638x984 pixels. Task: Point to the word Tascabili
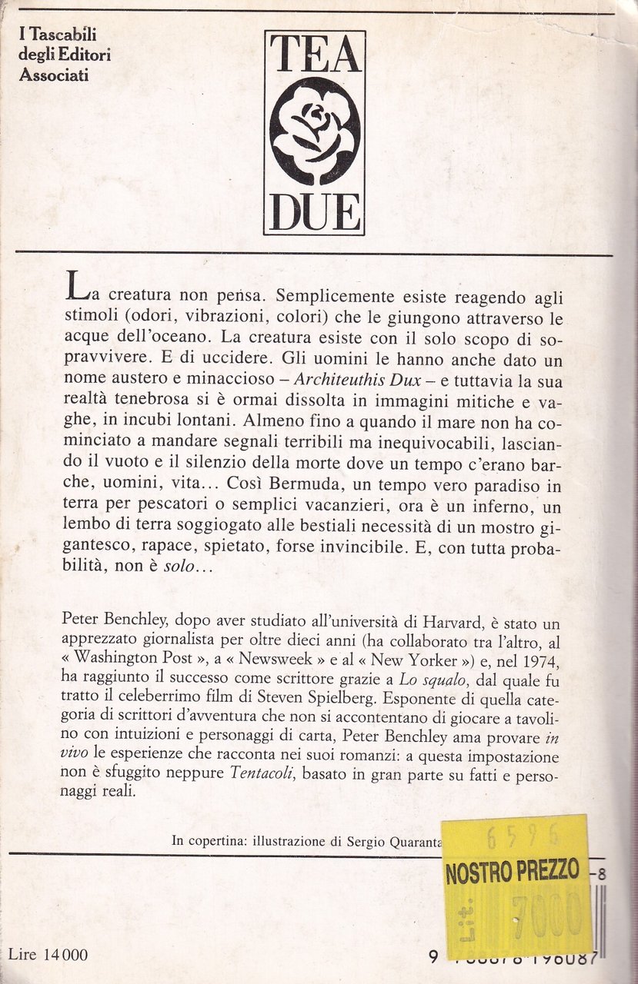tap(68, 35)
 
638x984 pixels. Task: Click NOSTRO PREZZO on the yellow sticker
tap(512, 872)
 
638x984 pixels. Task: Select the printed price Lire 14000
tap(48, 955)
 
